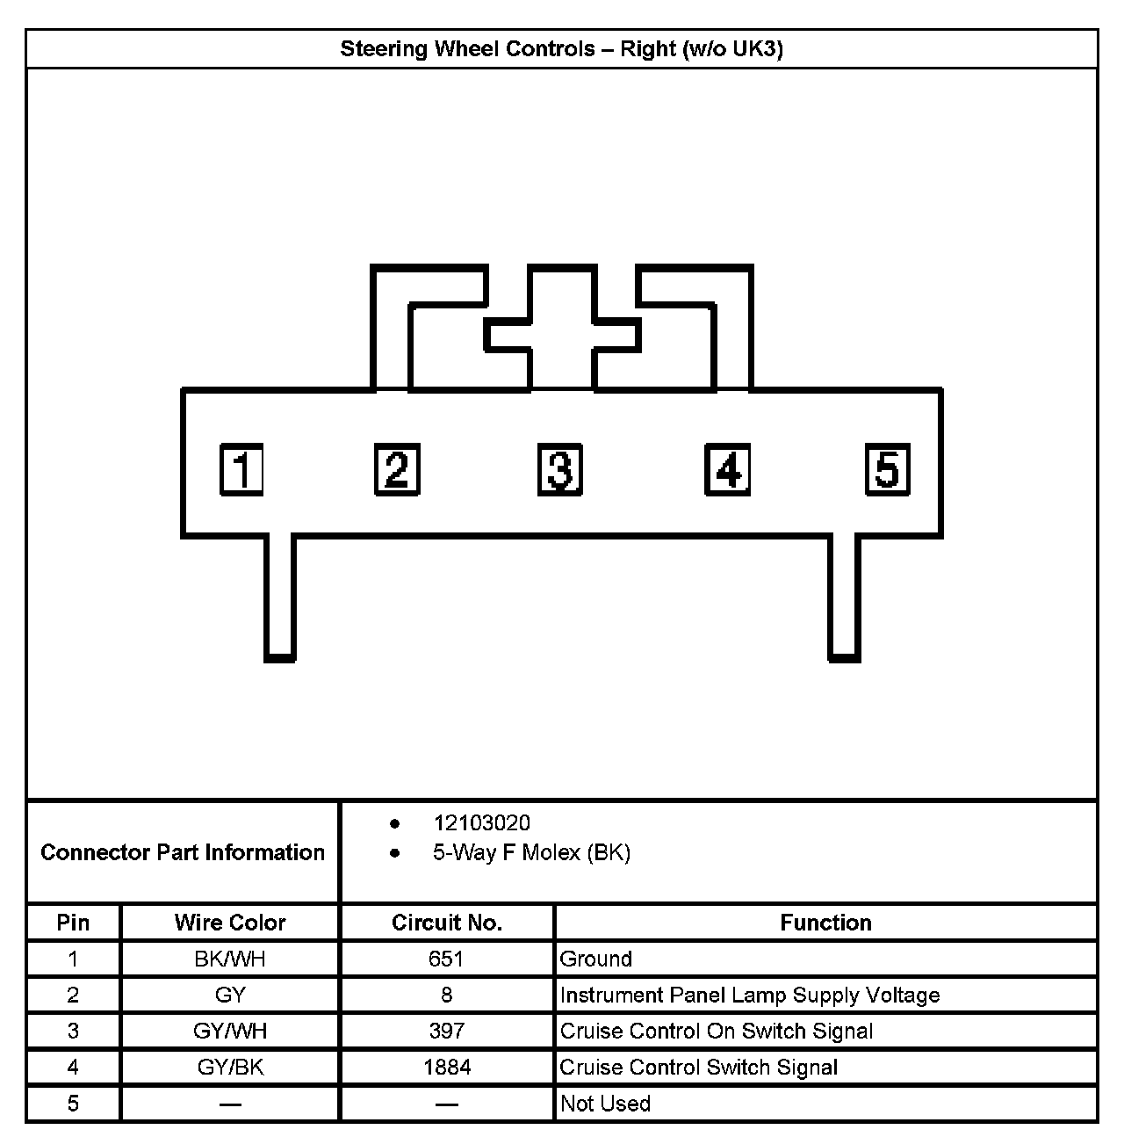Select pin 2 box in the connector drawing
[x=397, y=469]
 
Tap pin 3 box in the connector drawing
[x=560, y=469]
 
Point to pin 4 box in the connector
[x=727, y=469]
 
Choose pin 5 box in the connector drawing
[x=888, y=469]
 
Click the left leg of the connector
[x=280, y=597]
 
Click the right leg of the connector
[x=844, y=597]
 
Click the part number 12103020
[x=481, y=823]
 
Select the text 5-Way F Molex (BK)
[x=531, y=852]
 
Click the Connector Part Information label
[x=183, y=852]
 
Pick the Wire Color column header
[x=230, y=923]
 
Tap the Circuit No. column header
[x=447, y=923]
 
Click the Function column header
[x=825, y=923]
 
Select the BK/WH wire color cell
[x=230, y=959]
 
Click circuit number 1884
[x=447, y=1068]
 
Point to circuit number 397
[x=447, y=1031]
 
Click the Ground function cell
[x=596, y=959]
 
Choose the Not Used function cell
[x=605, y=1104]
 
